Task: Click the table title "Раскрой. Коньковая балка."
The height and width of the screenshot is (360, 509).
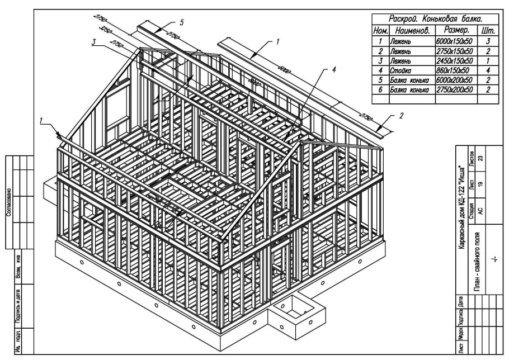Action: (x=436, y=18)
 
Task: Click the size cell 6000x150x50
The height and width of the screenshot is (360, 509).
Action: (x=453, y=42)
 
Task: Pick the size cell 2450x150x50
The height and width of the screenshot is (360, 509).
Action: (x=453, y=61)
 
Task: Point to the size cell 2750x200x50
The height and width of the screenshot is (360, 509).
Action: (x=453, y=89)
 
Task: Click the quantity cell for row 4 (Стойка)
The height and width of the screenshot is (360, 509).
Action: (x=489, y=70)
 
